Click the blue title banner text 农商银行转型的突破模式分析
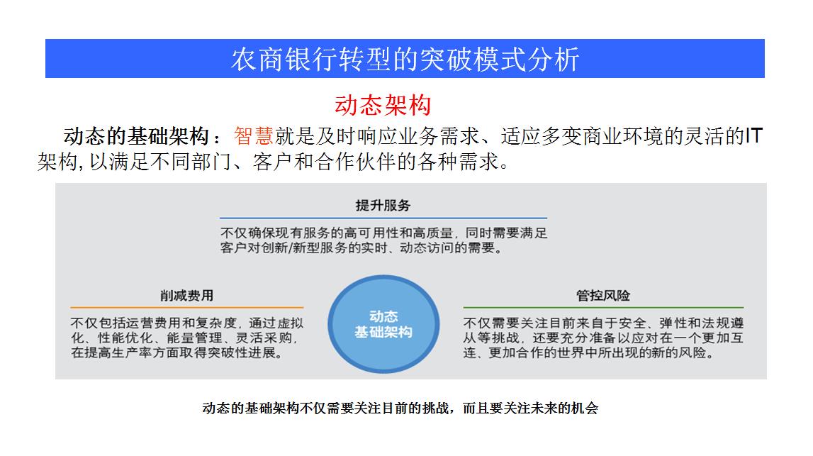click(x=405, y=59)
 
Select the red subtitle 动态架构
click(x=383, y=105)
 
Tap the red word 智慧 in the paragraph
click(x=254, y=136)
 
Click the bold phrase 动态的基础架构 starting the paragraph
click(x=136, y=136)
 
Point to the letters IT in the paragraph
click(x=753, y=135)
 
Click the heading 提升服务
click(x=383, y=206)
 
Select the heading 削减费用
click(x=186, y=296)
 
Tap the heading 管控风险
click(x=603, y=296)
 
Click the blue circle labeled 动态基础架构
click(x=383, y=324)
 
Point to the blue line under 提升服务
click(x=383, y=218)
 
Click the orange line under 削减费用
click(x=186, y=308)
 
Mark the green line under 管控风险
click(x=603, y=308)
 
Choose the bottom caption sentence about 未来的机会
click(x=400, y=408)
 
